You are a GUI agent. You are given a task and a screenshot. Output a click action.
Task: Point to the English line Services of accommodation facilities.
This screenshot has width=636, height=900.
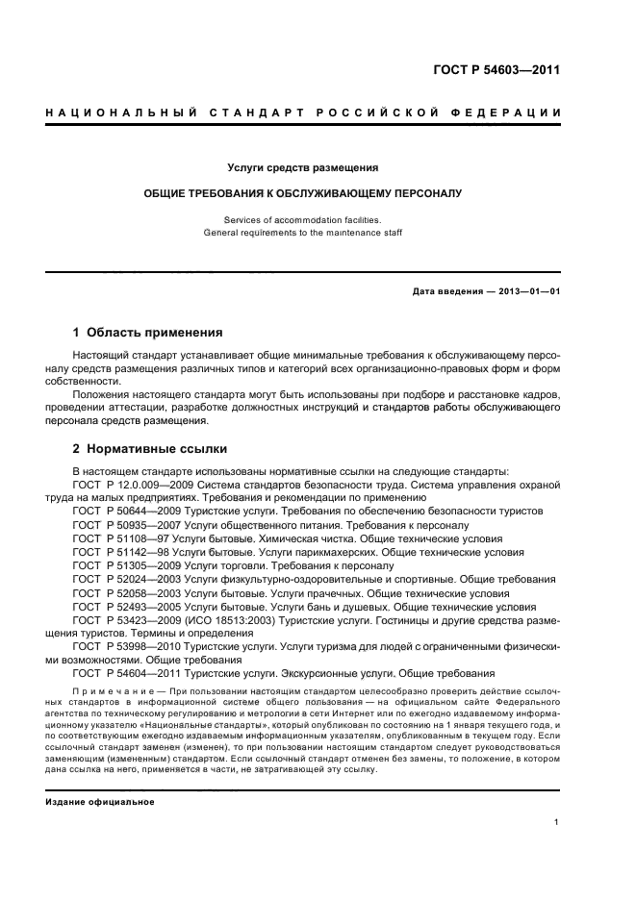(x=302, y=219)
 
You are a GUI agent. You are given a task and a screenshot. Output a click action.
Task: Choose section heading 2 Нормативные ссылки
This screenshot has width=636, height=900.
(x=149, y=449)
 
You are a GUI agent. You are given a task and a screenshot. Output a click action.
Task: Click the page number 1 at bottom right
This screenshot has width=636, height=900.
(x=557, y=821)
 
